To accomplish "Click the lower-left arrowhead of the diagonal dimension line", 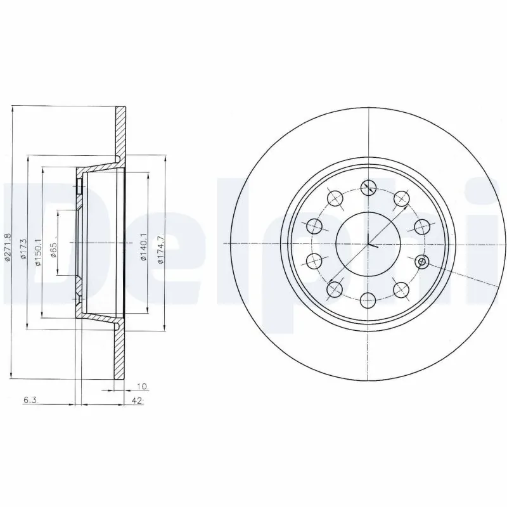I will tap(331, 281).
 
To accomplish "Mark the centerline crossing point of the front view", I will tap(368, 244).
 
